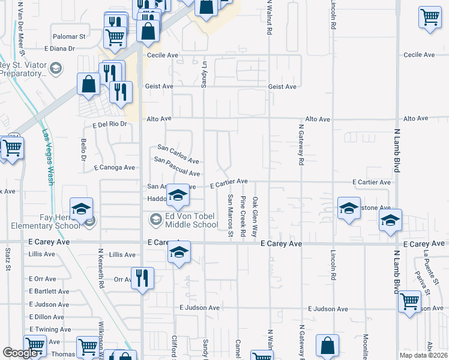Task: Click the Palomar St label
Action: coord(70,37)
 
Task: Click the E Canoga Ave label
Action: coord(114,167)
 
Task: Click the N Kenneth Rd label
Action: coord(101,267)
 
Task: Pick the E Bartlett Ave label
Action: coord(49,291)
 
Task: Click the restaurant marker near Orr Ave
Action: coord(143,278)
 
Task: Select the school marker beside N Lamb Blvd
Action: coord(390,221)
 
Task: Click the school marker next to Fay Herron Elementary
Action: coord(81,209)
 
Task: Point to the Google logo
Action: coord(20,353)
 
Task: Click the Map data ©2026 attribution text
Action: coord(423,355)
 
